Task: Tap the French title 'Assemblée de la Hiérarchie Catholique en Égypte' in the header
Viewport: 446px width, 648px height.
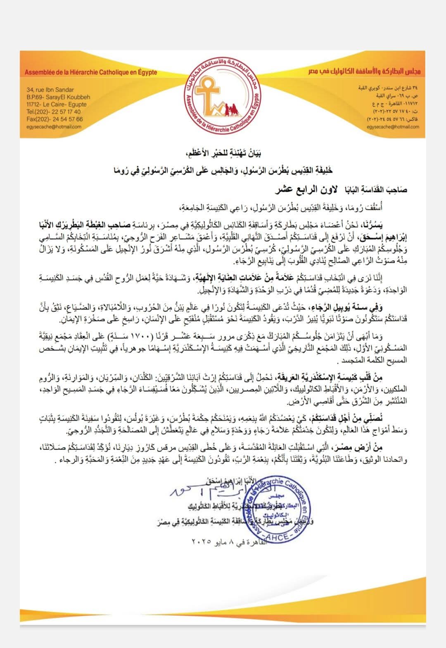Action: click(91, 72)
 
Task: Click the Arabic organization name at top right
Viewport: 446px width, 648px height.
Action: click(365, 71)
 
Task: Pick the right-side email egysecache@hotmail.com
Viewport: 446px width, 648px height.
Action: click(393, 127)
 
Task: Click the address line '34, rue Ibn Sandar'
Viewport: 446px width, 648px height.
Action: click(50, 90)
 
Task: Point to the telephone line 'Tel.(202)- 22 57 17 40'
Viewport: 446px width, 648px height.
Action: click(53, 112)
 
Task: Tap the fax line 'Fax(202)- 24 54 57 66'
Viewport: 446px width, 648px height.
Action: click(55, 119)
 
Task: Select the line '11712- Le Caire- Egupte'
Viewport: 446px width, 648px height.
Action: click(56, 105)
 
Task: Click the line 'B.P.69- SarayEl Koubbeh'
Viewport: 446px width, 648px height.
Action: click(58, 97)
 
